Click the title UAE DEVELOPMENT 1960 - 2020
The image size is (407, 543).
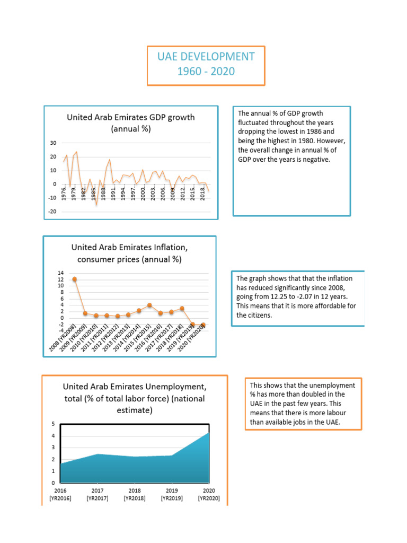pyautogui.click(x=206, y=64)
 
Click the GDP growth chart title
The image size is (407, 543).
pyautogui.click(x=130, y=122)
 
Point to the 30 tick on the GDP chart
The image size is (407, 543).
pyautogui.click(x=53, y=143)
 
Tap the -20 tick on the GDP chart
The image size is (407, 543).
pyautogui.click(x=52, y=211)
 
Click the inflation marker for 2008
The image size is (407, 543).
pyautogui.click(x=75, y=279)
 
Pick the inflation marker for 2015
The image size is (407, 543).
pyautogui.click(x=149, y=305)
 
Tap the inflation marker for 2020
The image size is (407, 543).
pyautogui.click(x=203, y=325)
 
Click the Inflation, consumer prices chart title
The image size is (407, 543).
pyautogui.click(x=129, y=253)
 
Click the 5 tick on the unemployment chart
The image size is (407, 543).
pyautogui.click(x=53, y=424)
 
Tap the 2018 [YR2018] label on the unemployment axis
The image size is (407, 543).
pyautogui.click(x=135, y=495)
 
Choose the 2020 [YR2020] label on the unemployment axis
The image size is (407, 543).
pyautogui.click(x=209, y=495)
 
